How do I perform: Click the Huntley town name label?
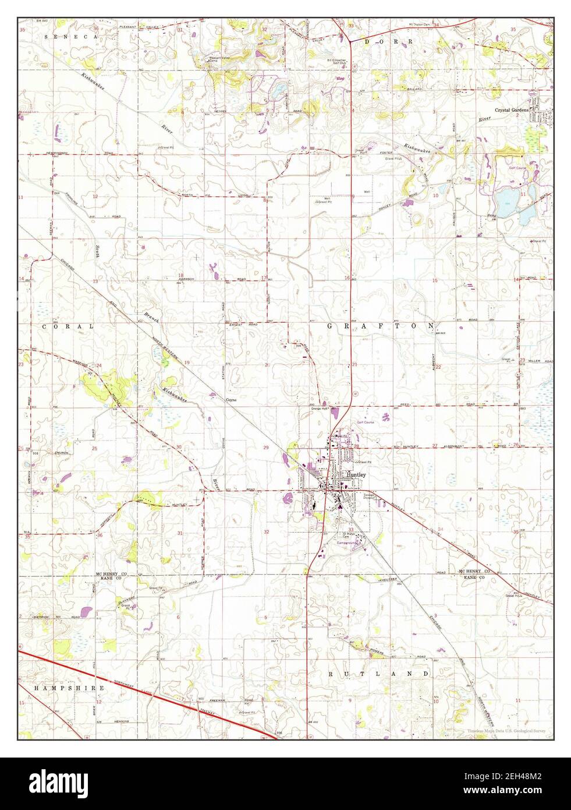(x=356, y=474)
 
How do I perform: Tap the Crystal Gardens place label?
(x=512, y=110)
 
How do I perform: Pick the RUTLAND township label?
(x=379, y=674)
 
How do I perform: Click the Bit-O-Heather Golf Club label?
(x=337, y=62)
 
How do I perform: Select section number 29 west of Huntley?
(x=265, y=448)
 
